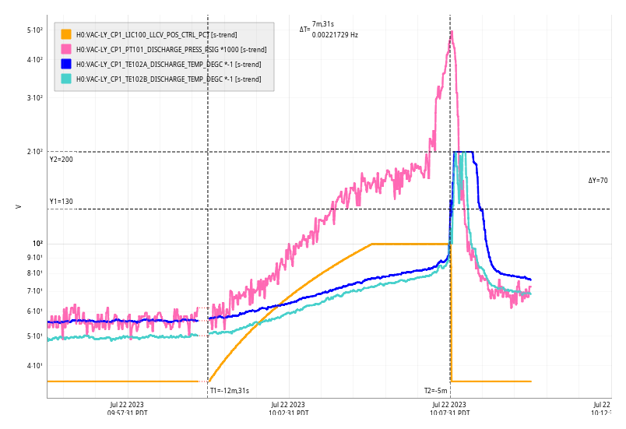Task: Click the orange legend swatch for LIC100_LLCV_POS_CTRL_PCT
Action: coord(66,34)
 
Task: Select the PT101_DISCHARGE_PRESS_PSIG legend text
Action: coord(171,49)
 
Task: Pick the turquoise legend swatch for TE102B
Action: coord(66,79)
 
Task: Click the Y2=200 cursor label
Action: coord(61,160)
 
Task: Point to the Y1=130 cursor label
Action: coord(61,202)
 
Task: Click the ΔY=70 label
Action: coord(598,181)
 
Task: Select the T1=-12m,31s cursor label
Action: coord(230,390)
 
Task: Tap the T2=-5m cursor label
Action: coord(435,390)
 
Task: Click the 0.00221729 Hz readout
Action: coord(335,34)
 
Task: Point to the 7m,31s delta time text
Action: coord(323,24)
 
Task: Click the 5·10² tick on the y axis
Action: coord(34,30)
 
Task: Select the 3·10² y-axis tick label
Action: coord(34,98)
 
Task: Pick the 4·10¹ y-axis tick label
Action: coord(34,366)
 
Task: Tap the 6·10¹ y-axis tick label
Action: coord(34,311)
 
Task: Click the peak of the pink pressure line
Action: coord(451,33)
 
